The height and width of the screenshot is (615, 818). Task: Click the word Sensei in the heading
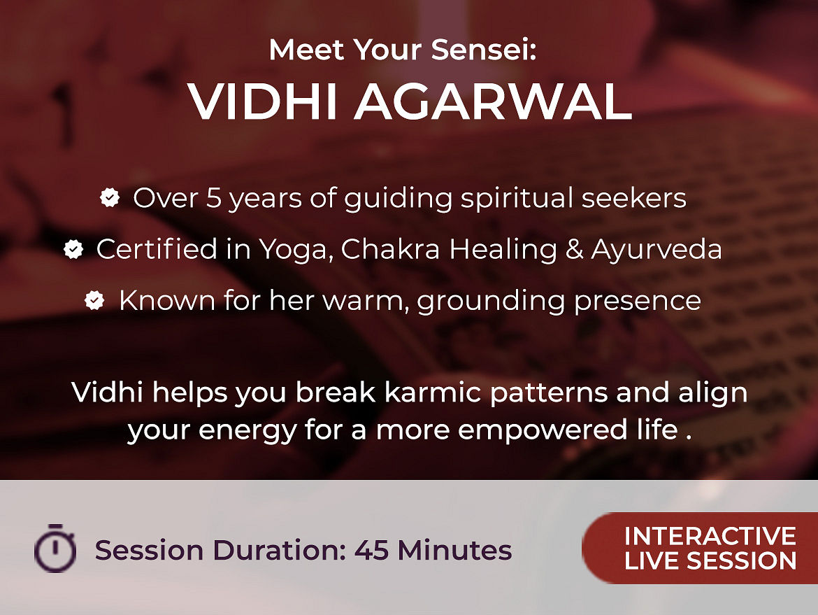point(483,50)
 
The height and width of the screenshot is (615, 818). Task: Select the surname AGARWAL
point(494,101)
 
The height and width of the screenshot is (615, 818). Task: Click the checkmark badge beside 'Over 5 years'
point(110,197)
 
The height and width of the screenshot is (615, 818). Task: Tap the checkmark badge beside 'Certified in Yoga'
point(73,249)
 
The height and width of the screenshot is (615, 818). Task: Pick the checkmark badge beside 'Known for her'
point(94,300)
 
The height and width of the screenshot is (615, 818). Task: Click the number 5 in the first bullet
point(214,199)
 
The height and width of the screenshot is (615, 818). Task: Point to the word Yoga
point(296,249)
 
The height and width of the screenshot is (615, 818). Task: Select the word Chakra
point(391,249)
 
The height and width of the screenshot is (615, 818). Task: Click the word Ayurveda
point(656,249)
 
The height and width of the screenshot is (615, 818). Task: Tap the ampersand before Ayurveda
point(575,249)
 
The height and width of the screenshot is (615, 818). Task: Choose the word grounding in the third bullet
point(491,302)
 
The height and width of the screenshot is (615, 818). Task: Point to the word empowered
point(543,430)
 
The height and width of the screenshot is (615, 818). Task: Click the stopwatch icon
point(55,548)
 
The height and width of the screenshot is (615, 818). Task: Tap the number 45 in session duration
point(371,550)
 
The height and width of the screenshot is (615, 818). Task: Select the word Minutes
point(454,550)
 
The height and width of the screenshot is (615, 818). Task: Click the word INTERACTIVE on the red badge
point(710,536)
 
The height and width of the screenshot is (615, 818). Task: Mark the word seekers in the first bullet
point(634,199)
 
